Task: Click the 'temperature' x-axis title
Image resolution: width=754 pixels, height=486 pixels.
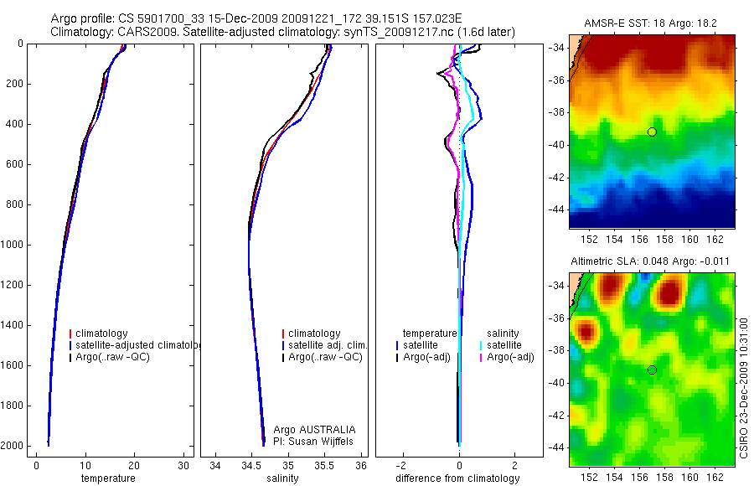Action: click(x=107, y=478)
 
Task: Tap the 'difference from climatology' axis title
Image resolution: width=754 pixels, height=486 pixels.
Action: click(x=457, y=478)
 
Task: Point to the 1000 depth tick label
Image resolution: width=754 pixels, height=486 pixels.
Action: click(x=13, y=245)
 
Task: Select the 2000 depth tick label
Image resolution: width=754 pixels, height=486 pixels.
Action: click(x=13, y=446)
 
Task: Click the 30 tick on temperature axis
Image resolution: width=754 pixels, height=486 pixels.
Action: click(x=183, y=465)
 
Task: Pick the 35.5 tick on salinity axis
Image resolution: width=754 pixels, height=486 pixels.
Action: click(x=325, y=465)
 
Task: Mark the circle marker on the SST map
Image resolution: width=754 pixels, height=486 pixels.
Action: click(x=652, y=132)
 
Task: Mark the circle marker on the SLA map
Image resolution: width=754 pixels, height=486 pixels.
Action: click(x=652, y=370)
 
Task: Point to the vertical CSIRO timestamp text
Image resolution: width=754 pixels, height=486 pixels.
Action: click(x=744, y=386)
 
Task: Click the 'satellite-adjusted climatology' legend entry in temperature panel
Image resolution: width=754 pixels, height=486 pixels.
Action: click(x=134, y=345)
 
